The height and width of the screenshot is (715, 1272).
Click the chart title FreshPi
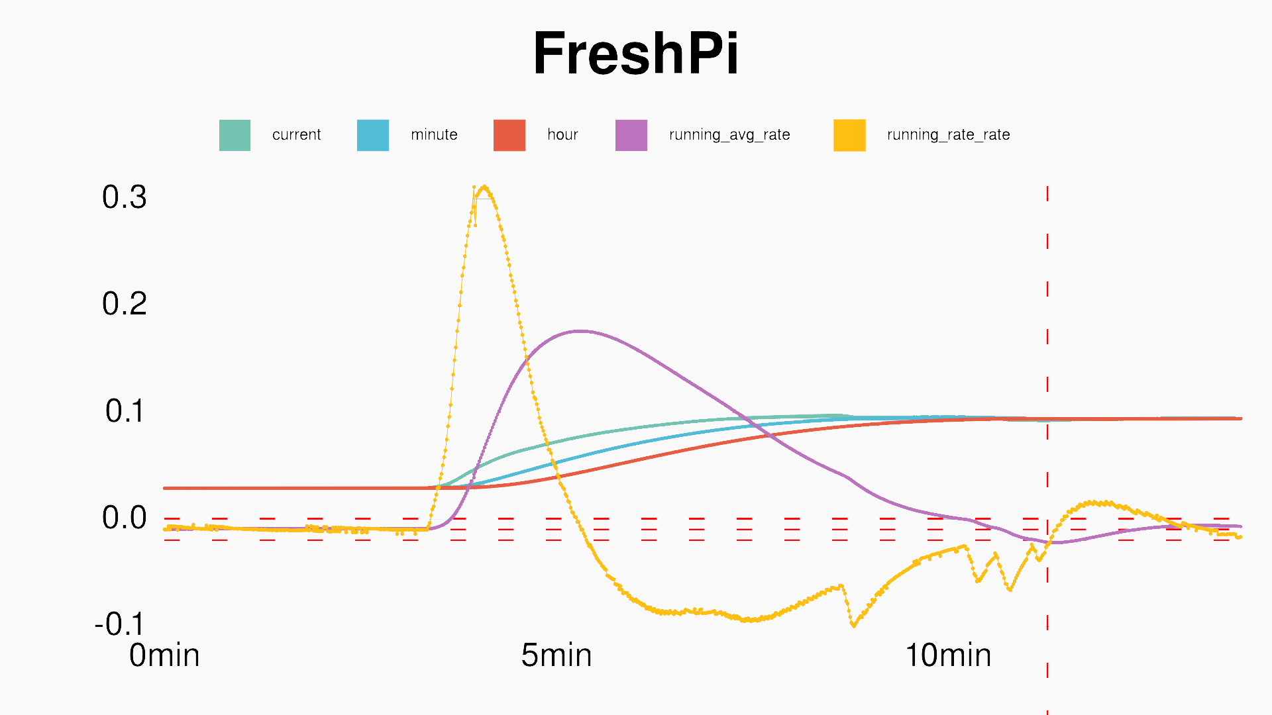[x=635, y=54]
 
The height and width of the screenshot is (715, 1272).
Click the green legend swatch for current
[x=235, y=135]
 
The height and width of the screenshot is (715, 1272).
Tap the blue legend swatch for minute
[x=372, y=135]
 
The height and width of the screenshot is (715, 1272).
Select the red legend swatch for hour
[x=509, y=135]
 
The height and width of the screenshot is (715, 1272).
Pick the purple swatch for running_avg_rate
[x=631, y=135]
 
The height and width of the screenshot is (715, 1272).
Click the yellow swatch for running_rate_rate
[x=849, y=135]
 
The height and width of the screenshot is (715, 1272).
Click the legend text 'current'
[x=296, y=135]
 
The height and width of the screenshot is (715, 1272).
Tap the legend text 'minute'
[x=434, y=135]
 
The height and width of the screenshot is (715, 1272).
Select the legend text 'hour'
[x=562, y=135]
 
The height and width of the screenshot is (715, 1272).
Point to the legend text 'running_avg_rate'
[x=729, y=135]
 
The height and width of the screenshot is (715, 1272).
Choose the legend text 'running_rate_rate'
[x=948, y=135]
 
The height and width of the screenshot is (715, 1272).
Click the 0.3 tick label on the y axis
[x=125, y=197]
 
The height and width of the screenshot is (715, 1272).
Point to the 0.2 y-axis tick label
[x=125, y=304]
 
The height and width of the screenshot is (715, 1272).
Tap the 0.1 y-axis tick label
[x=125, y=411]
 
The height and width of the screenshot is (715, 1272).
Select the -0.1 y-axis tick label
[x=119, y=624]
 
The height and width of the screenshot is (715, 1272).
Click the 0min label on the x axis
[x=164, y=655]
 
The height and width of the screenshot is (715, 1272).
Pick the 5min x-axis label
[x=556, y=655]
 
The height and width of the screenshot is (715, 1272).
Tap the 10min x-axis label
[x=948, y=655]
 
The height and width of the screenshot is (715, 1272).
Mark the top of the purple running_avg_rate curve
[x=580, y=331]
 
